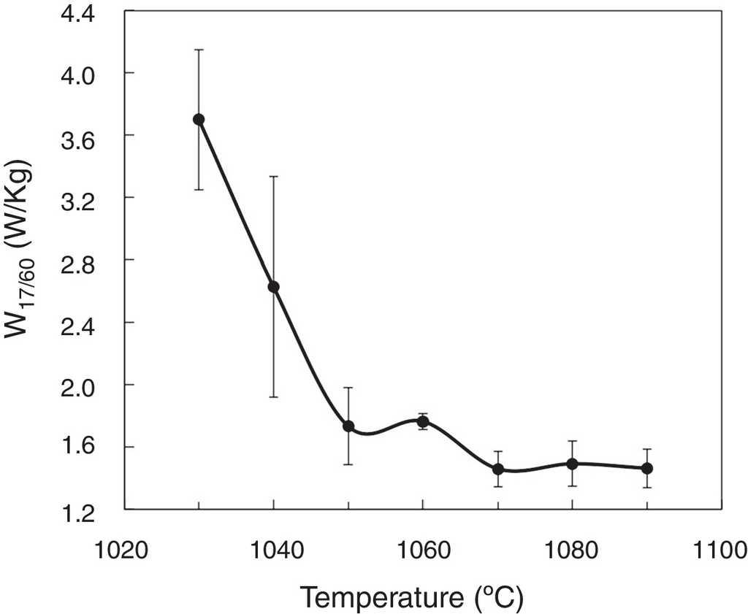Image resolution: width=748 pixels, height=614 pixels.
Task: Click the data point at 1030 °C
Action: tap(199, 120)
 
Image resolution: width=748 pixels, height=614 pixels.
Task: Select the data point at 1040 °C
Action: tap(273, 287)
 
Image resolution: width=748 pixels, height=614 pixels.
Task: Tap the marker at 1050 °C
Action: tap(348, 426)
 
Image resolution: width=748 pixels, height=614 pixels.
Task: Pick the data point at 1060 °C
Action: tap(423, 421)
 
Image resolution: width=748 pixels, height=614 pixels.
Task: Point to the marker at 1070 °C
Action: tap(498, 469)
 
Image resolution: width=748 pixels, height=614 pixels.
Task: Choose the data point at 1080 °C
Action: tap(573, 464)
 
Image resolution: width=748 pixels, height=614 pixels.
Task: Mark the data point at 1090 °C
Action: tap(647, 468)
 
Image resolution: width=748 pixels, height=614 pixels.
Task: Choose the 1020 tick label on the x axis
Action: tap(124, 548)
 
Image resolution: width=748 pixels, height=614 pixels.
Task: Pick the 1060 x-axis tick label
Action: tap(423, 548)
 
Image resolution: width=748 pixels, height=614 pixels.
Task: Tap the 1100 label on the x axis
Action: tap(720, 548)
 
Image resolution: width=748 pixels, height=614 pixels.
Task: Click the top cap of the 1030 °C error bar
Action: tap(199, 50)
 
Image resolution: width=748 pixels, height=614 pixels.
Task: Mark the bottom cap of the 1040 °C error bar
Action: tap(273, 396)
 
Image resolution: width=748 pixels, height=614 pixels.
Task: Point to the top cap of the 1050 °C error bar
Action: tap(348, 388)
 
